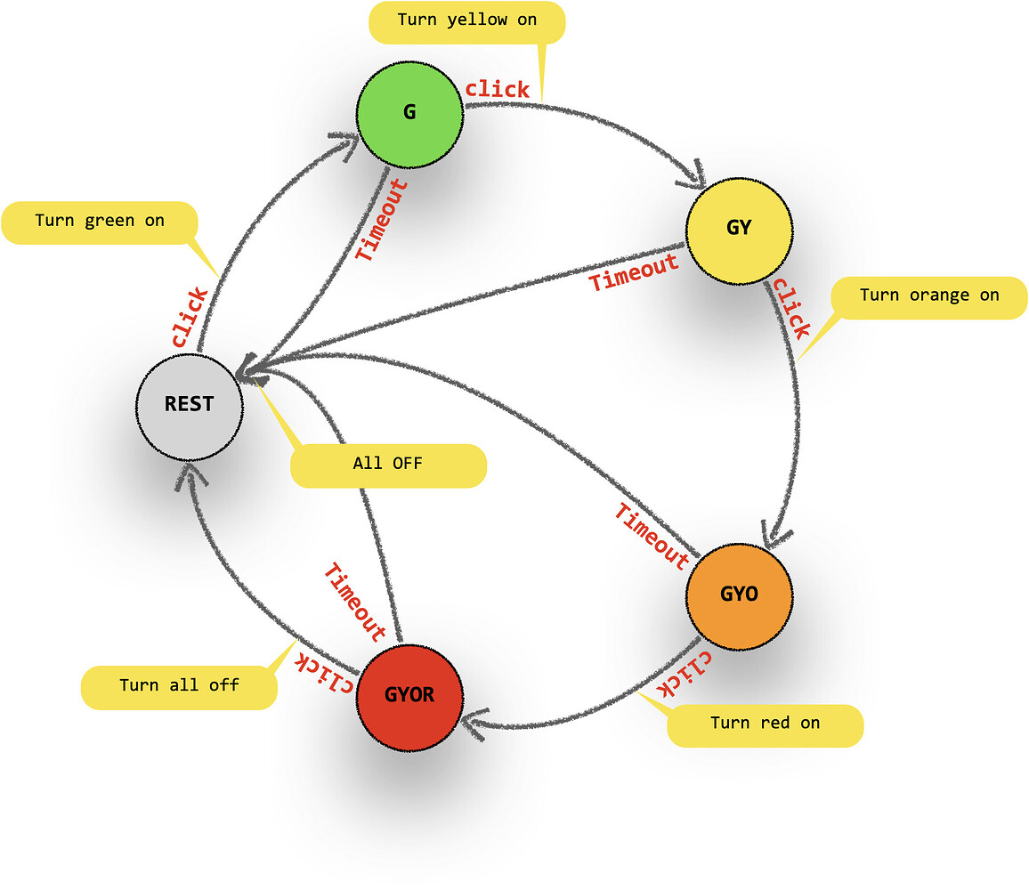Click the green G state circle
click(409, 113)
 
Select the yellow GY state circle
click(739, 228)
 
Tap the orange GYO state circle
click(739, 594)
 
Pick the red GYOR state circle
click(410, 695)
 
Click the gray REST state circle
click(189, 405)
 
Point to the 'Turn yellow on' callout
click(467, 21)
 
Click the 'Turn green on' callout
click(99, 222)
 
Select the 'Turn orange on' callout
click(928, 296)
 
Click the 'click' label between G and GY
click(498, 90)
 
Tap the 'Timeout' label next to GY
click(635, 271)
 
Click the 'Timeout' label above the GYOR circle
click(355, 603)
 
